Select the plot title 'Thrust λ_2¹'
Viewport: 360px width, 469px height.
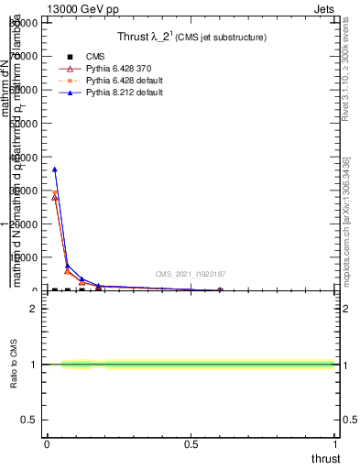click(x=152, y=38)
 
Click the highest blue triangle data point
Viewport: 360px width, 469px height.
click(x=55, y=169)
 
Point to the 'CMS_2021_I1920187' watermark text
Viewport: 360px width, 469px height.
click(x=191, y=274)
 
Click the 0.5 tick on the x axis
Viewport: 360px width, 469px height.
click(x=191, y=444)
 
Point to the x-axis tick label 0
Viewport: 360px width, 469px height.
click(x=47, y=444)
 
